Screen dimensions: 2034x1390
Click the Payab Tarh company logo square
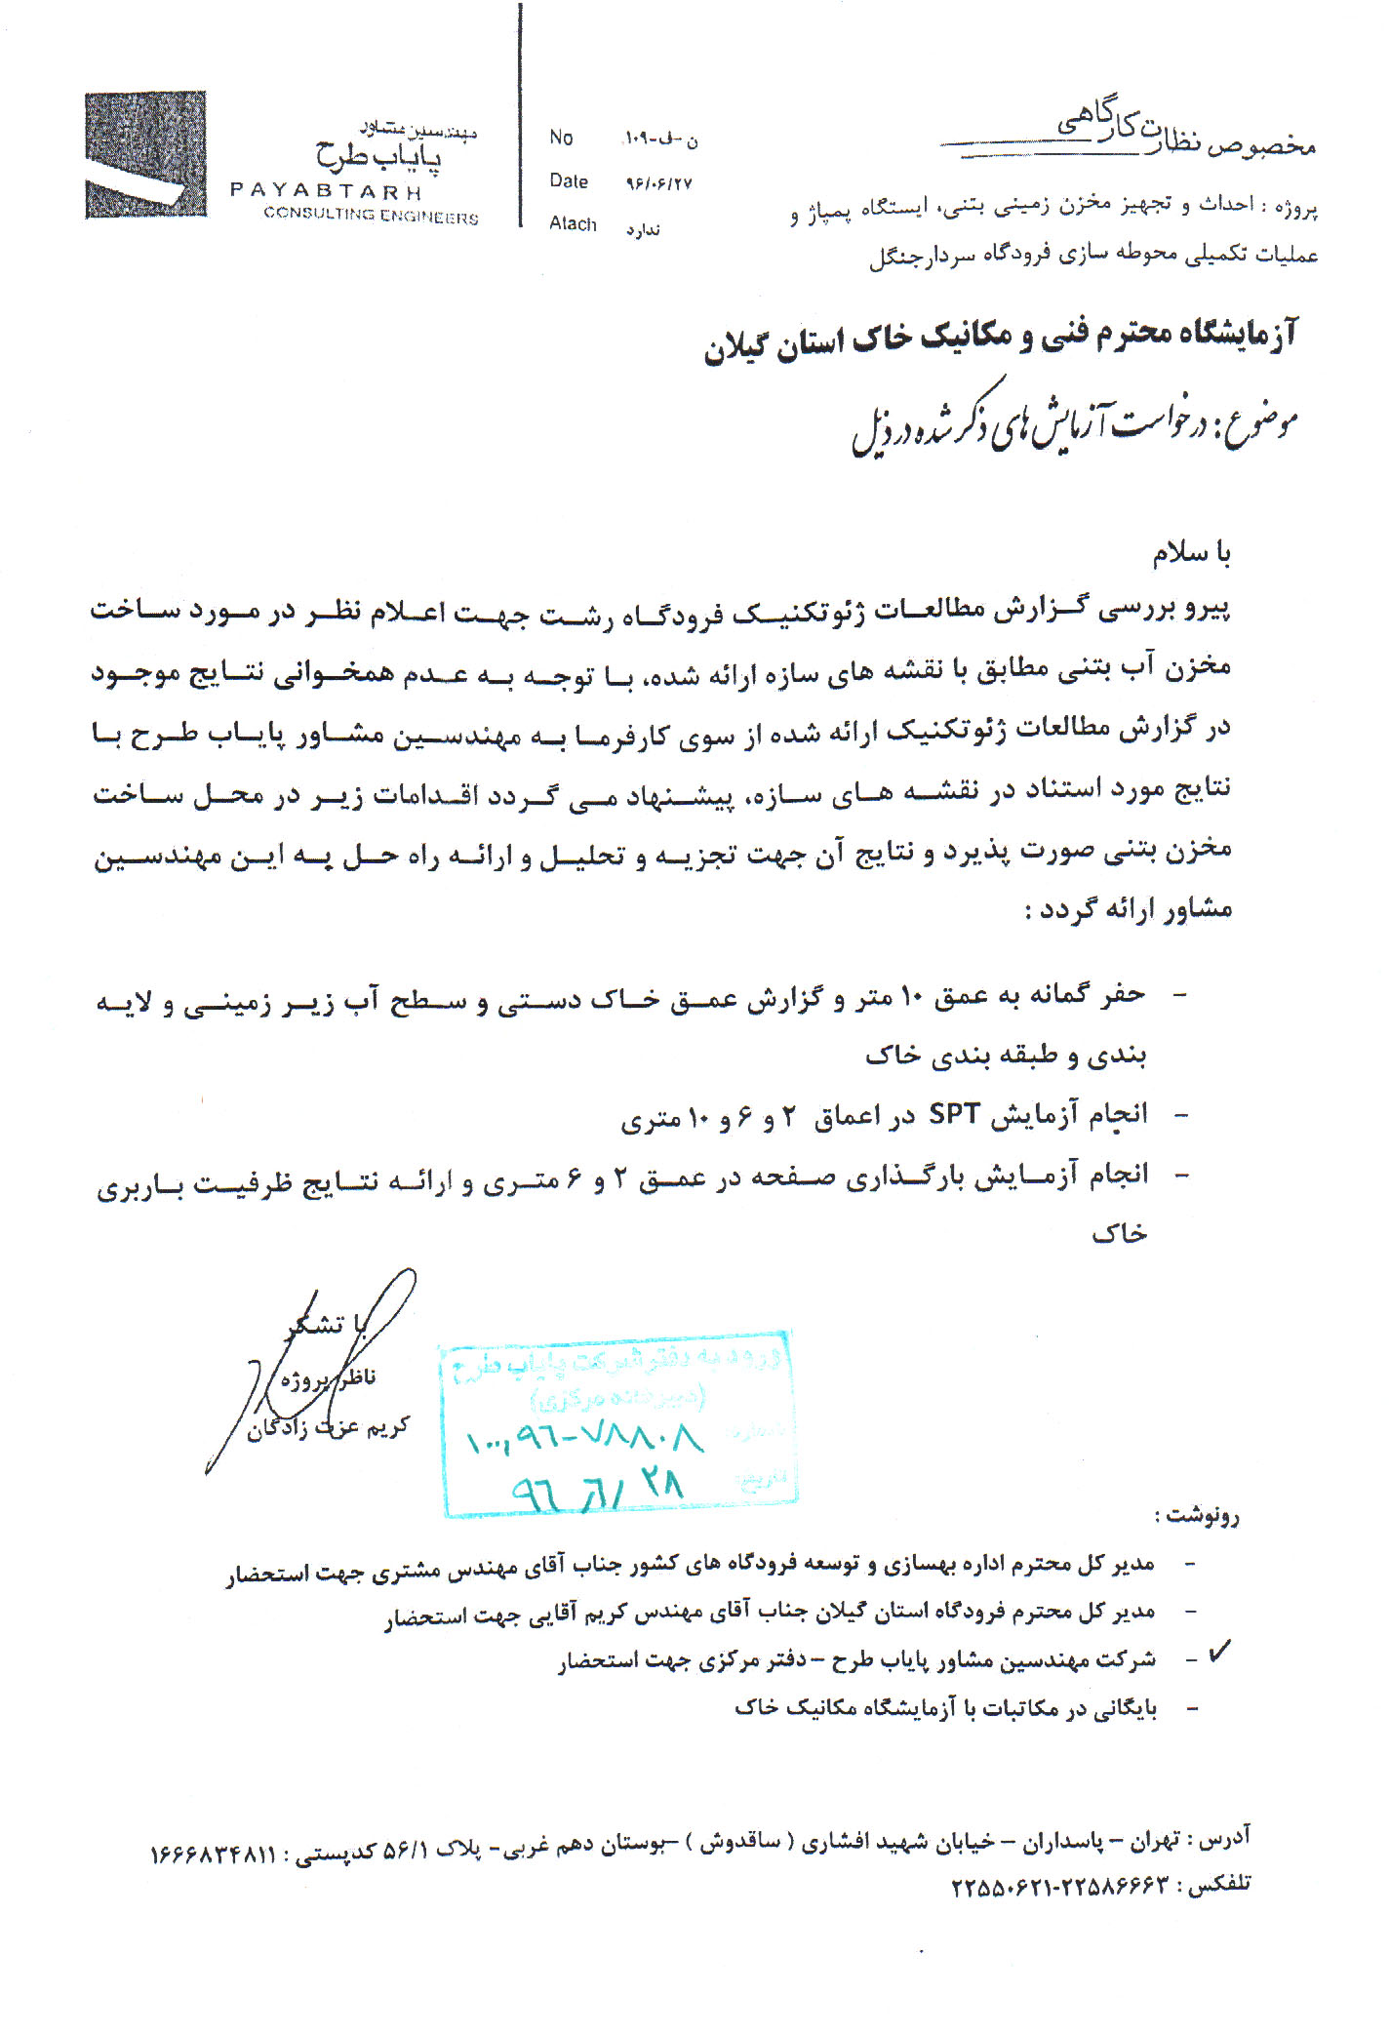(x=145, y=154)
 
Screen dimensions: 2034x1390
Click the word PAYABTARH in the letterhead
(x=326, y=190)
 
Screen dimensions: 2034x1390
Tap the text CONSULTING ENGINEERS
(x=371, y=216)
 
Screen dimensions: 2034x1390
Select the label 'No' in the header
(x=561, y=138)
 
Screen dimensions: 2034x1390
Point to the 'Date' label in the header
(x=569, y=181)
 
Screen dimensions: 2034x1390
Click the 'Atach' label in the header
(x=573, y=224)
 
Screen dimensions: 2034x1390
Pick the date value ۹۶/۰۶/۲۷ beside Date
(x=658, y=183)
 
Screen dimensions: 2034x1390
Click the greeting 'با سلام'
(x=1191, y=553)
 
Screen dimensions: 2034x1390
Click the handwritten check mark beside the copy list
(x=1219, y=1652)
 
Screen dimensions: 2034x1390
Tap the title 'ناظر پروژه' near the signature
(x=328, y=1378)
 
